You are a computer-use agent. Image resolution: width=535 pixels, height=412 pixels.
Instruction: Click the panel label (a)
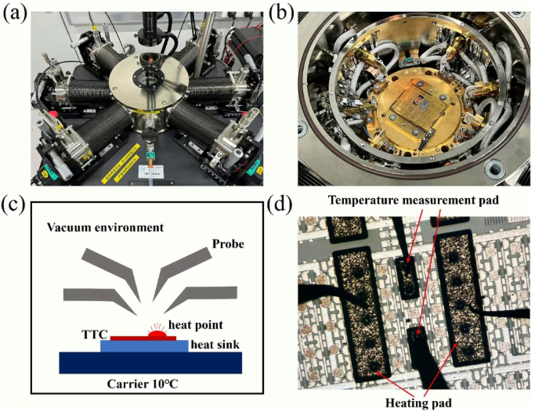coord(15,13)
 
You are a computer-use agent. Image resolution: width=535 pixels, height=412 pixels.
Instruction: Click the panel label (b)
coord(280,13)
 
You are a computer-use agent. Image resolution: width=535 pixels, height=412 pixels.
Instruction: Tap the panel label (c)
coord(15,204)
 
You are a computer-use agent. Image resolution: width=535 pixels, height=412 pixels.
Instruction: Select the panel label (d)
coord(280,204)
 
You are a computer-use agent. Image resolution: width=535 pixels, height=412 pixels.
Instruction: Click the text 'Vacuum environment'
coord(106,227)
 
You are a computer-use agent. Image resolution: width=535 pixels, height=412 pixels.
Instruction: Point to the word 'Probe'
coord(228,244)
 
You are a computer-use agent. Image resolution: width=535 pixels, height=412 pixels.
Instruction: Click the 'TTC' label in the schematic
coord(95,334)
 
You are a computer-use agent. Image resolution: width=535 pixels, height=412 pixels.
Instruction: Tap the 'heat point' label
coord(196,325)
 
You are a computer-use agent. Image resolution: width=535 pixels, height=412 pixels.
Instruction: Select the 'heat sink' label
coord(215,345)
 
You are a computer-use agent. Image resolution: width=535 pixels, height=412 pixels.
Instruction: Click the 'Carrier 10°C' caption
coord(143,384)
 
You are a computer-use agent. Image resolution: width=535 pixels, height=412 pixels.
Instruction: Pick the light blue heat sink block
coord(144,346)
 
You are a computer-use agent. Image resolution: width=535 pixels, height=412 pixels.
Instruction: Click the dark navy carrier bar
coord(150,363)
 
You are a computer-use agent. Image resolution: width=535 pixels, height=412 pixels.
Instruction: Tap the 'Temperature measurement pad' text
coord(413,201)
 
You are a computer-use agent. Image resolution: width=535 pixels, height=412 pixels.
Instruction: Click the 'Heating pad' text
coord(418,403)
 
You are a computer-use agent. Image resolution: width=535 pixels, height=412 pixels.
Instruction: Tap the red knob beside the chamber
coord(52,114)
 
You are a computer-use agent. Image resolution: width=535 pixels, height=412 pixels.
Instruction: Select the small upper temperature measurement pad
coord(407,277)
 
